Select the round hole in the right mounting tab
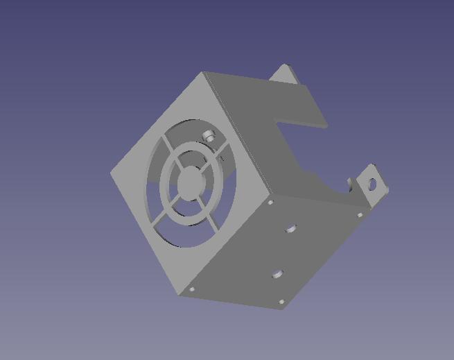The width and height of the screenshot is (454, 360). [x=374, y=185]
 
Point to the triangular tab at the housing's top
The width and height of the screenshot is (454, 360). [x=283, y=71]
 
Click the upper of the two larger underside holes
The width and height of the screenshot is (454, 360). [x=290, y=228]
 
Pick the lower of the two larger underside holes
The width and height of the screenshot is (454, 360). [x=277, y=275]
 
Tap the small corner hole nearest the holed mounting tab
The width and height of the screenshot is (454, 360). [x=360, y=216]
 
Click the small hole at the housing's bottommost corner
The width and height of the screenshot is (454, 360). [x=281, y=302]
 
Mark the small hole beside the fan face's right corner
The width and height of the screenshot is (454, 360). [x=271, y=203]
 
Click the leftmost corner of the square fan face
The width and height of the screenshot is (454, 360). [x=111, y=173]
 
